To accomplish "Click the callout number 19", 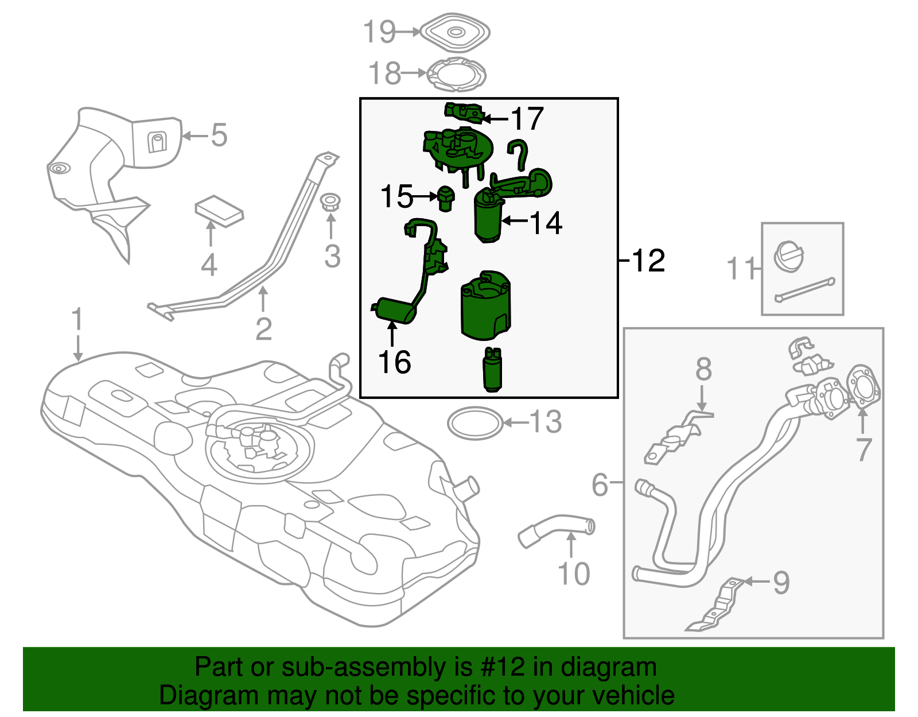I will tap(380, 32).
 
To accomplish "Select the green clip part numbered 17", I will tap(464, 112).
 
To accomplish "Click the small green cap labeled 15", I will tap(446, 197).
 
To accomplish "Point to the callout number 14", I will tap(546, 223).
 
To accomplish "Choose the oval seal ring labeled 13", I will tap(474, 424).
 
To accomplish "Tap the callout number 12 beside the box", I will tap(648, 261).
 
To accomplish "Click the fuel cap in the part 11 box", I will tap(789, 255).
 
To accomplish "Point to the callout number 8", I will tap(703, 370).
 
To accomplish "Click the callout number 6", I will tap(600, 485).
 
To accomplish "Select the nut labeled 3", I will tap(330, 203).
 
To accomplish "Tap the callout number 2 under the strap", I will tap(263, 329).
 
